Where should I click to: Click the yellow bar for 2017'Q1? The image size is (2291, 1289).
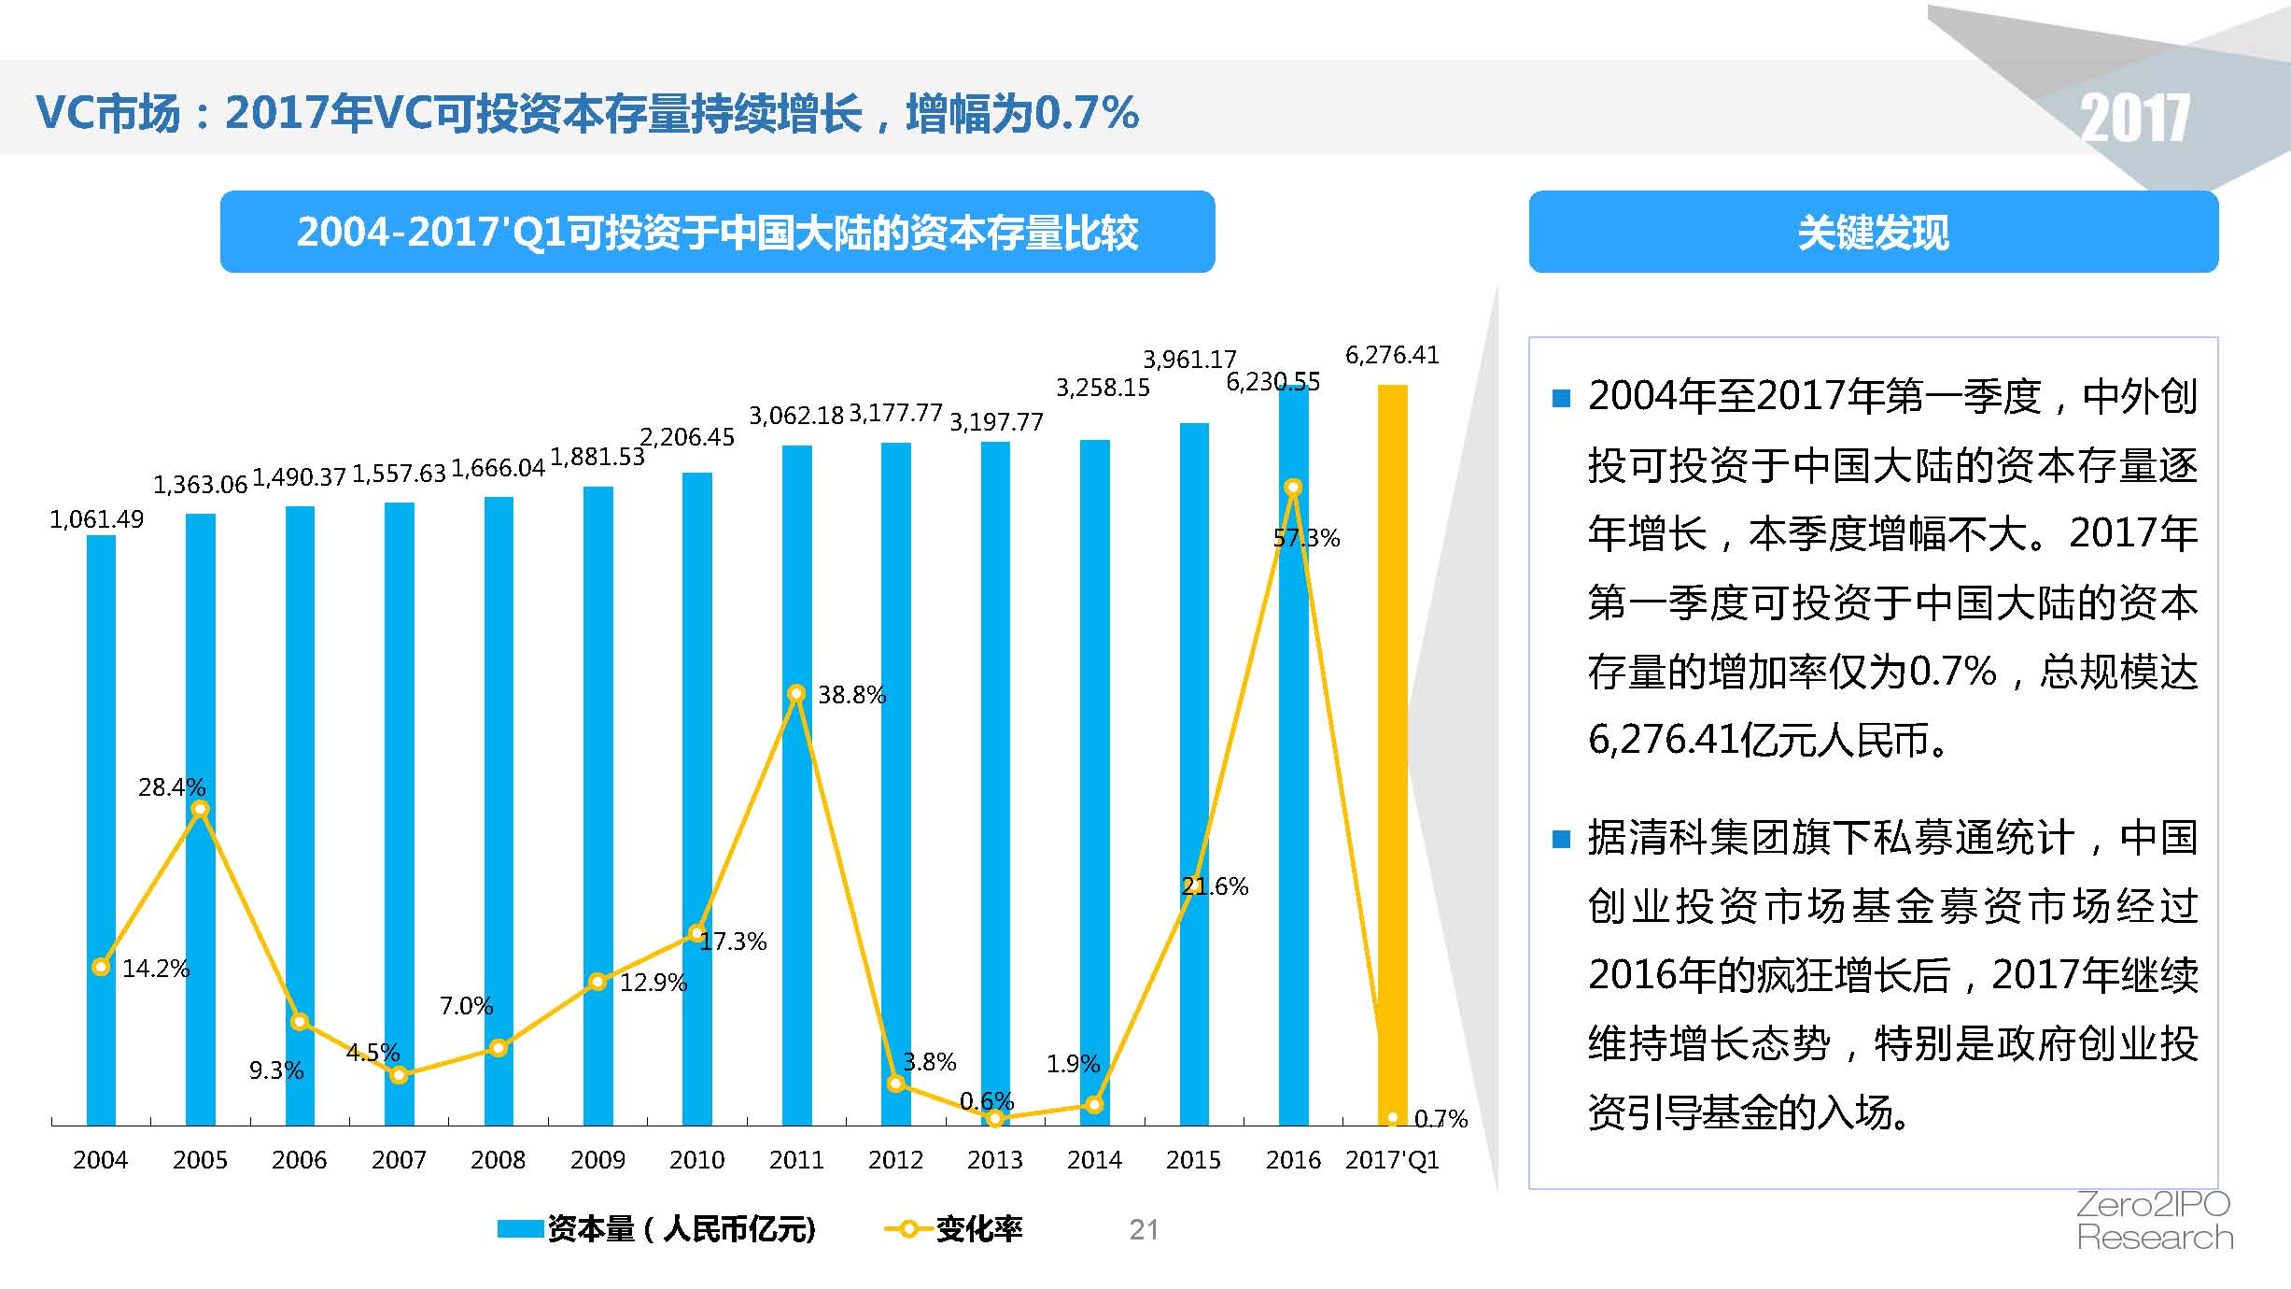coord(1392,747)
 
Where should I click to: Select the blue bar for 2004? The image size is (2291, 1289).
coord(101,831)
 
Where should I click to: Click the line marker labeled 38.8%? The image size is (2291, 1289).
coord(796,693)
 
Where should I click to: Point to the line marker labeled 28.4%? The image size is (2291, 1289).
coord(200,809)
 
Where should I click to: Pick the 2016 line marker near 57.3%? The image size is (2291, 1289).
coord(1293,487)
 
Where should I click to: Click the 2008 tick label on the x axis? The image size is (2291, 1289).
coord(498,1160)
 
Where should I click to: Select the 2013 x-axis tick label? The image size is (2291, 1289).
coord(994,1160)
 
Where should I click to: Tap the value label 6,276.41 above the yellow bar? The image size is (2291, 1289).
coord(1391,355)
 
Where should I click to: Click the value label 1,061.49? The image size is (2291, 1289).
coord(96,519)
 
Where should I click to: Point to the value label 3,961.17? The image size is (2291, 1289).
coord(1189,360)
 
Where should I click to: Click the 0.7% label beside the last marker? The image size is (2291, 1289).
coord(1441,1118)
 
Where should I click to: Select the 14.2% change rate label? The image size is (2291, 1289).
coord(156,969)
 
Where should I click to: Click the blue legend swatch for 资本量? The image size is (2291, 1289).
coord(520,1229)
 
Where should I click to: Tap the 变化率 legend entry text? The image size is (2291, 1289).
coord(979,1229)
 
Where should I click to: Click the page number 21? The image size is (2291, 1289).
coord(1144,1229)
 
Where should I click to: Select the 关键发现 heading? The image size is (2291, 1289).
coord(1873,233)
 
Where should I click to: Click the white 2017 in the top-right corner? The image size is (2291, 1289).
coord(2134,120)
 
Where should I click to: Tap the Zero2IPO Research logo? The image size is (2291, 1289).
coord(2154,1221)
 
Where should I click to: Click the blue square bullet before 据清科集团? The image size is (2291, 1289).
coord(1561,839)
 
